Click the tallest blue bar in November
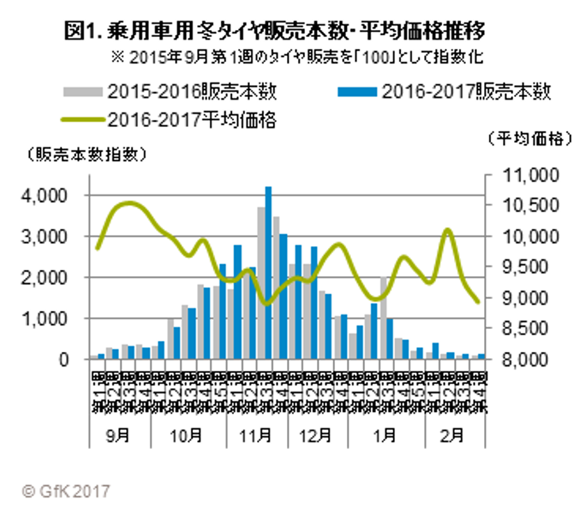268,272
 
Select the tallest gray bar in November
260,282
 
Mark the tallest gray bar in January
382,318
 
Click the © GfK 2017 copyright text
65,491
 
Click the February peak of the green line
448,230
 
